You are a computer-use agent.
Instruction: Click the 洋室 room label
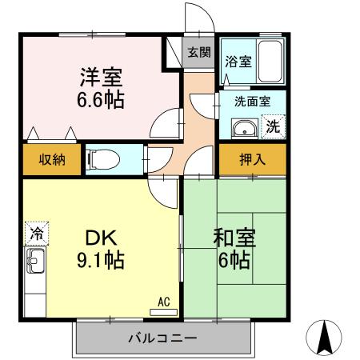[100, 79]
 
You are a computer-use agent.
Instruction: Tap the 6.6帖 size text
[100, 102]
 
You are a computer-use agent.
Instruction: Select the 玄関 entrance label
[198, 54]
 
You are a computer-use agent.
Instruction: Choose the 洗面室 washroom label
[252, 102]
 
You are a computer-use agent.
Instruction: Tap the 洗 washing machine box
[273, 126]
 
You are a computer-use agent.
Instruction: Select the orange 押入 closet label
[253, 159]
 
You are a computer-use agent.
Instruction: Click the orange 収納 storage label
[53, 159]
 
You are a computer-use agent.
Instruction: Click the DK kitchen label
[102, 238]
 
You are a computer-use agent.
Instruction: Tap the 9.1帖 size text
[102, 260]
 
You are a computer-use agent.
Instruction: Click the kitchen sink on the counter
[36, 259]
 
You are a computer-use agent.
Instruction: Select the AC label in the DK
[163, 302]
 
